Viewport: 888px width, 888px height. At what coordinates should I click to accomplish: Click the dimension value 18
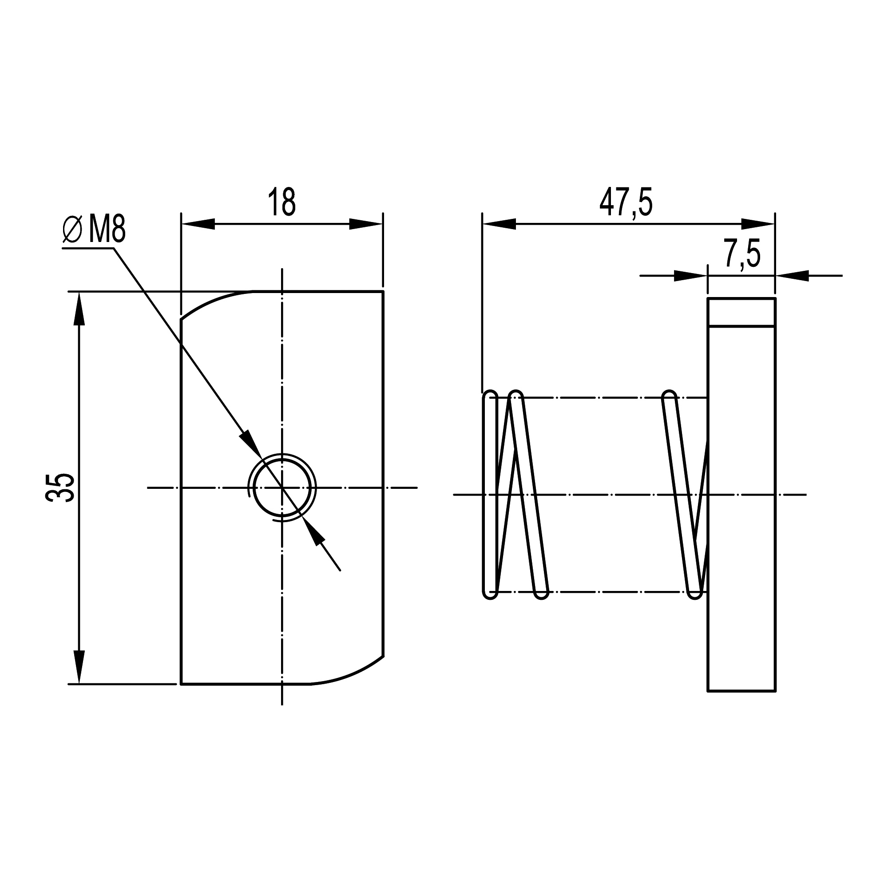[281, 202]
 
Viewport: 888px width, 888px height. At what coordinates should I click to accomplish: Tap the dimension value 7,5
[742, 253]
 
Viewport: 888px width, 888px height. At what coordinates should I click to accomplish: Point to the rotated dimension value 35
[60, 488]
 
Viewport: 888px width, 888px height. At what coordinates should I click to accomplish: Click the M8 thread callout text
[107, 230]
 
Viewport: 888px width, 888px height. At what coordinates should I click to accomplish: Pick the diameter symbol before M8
[72, 230]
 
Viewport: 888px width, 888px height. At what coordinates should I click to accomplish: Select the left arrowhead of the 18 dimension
[198, 224]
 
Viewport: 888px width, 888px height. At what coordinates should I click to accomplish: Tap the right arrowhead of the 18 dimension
[365, 224]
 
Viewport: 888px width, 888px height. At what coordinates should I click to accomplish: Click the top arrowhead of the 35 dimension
[79, 309]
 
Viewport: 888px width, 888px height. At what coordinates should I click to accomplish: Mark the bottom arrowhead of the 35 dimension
[79, 666]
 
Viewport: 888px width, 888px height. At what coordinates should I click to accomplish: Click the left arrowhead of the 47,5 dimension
[499, 224]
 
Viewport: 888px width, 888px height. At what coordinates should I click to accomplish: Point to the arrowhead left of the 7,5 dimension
[690, 276]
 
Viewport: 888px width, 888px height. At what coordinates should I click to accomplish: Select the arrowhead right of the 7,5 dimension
[793, 276]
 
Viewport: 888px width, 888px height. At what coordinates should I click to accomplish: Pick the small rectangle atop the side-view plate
[741, 312]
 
